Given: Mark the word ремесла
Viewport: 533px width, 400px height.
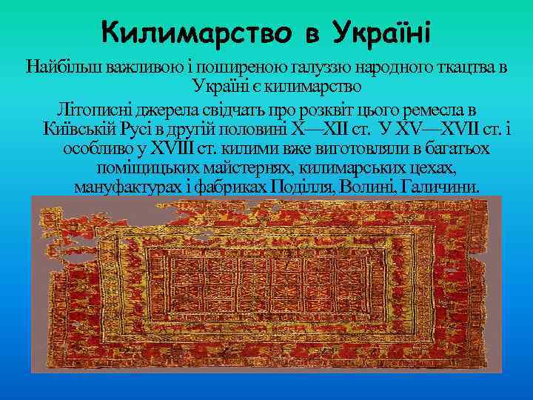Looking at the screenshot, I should coord(436,107).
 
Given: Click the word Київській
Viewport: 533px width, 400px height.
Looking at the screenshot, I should coord(76,127).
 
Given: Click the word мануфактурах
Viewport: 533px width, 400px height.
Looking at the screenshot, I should coord(126,187).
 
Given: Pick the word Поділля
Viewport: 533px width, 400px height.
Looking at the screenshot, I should coord(303,187).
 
